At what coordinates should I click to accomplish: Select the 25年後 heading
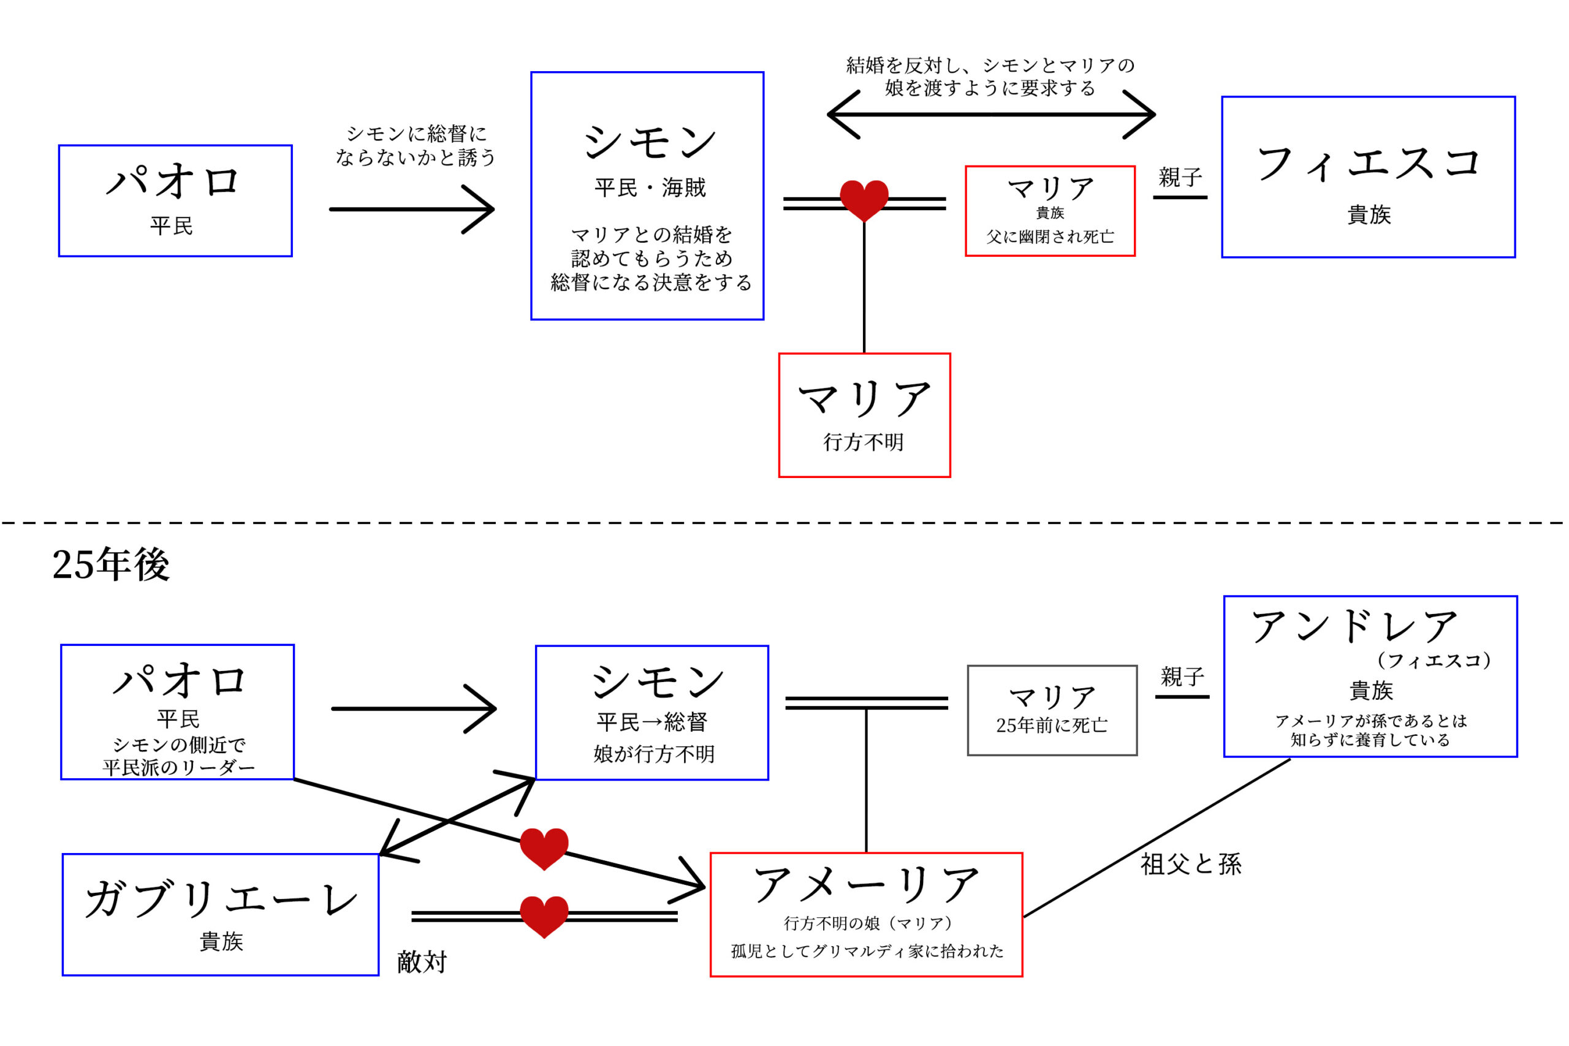(x=111, y=565)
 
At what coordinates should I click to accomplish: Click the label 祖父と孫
(x=1191, y=865)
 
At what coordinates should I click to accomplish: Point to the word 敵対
(x=422, y=962)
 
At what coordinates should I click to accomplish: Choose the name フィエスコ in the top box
(x=1367, y=164)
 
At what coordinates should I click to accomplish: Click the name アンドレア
(x=1354, y=627)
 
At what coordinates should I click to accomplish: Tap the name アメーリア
(x=866, y=885)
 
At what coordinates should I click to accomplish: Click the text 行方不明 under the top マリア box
(x=864, y=442)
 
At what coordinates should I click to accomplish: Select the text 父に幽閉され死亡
(x=1050, y=237)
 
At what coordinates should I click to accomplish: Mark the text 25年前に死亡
(x=1051, y=726)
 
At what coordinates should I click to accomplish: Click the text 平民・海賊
(x=650, y=188)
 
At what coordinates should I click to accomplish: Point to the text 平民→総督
(x=652, y=722)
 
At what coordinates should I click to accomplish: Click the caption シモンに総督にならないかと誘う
(x=415, y=145)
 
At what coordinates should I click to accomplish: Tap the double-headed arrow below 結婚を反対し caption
(x=990, y=115)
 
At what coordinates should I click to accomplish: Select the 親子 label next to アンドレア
(x=1182, y=677)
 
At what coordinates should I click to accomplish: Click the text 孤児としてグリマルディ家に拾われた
(x=867, y=951)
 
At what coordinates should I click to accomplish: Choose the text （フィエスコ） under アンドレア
(x=1433, y=661)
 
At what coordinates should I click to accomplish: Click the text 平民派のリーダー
(x=178, y=768)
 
